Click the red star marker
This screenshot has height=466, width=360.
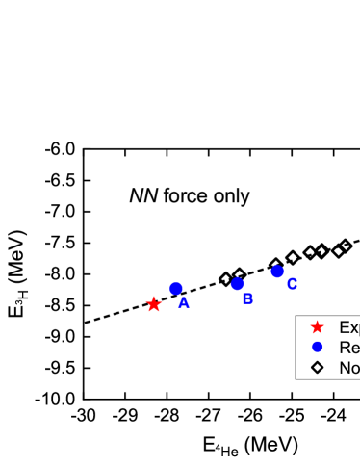154,304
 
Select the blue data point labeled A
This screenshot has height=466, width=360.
176,288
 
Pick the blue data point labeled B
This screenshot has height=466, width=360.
238,284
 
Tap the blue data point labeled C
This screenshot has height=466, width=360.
277,272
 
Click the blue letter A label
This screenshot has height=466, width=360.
184,302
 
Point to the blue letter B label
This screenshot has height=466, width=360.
247,298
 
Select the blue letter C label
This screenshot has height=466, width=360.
292,284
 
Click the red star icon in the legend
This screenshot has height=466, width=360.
318,327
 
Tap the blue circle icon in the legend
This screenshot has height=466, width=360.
318,348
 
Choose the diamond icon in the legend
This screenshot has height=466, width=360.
318,368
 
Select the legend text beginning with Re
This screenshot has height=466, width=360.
348,348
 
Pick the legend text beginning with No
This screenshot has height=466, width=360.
349,368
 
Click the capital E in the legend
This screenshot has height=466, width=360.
344,327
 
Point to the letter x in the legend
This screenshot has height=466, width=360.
353,328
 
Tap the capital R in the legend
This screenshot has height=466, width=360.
345,348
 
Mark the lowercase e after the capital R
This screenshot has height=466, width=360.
355,349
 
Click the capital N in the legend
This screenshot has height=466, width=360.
345,368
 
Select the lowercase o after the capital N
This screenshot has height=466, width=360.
355,369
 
